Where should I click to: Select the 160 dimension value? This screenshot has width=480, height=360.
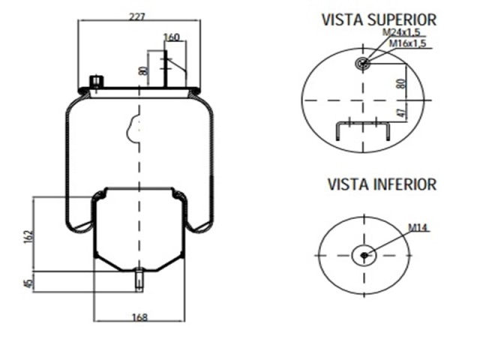[172, 37]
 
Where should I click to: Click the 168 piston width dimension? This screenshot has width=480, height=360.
[139, 317]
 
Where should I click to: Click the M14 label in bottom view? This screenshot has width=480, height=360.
[418, 227]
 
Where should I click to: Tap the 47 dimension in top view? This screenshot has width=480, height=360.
[400, 114]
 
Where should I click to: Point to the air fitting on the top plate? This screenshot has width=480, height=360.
[95, 81]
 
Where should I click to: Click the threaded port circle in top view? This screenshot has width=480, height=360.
[364, 64]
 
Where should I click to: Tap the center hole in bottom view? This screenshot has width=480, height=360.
[364, 256]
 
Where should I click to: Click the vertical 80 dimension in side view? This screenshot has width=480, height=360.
[142, 71]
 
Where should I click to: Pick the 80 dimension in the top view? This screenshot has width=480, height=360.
[400, 82]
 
